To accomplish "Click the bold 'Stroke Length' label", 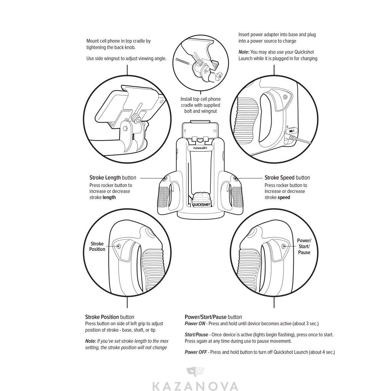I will [105, 178].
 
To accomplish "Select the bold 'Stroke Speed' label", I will [279, 178].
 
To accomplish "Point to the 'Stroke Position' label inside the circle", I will [97, 246].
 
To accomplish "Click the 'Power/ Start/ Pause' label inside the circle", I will [304, 246].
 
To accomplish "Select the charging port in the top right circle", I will [291, 131].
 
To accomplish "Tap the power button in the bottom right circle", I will [284, 246].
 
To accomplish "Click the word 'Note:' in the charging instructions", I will [244, 52].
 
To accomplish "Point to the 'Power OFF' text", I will [195, 352].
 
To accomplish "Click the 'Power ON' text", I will [195, 324].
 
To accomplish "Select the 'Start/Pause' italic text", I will [196, 335].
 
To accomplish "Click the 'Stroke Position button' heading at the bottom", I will [110, 317].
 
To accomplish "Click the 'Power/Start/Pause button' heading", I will [213, 317].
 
